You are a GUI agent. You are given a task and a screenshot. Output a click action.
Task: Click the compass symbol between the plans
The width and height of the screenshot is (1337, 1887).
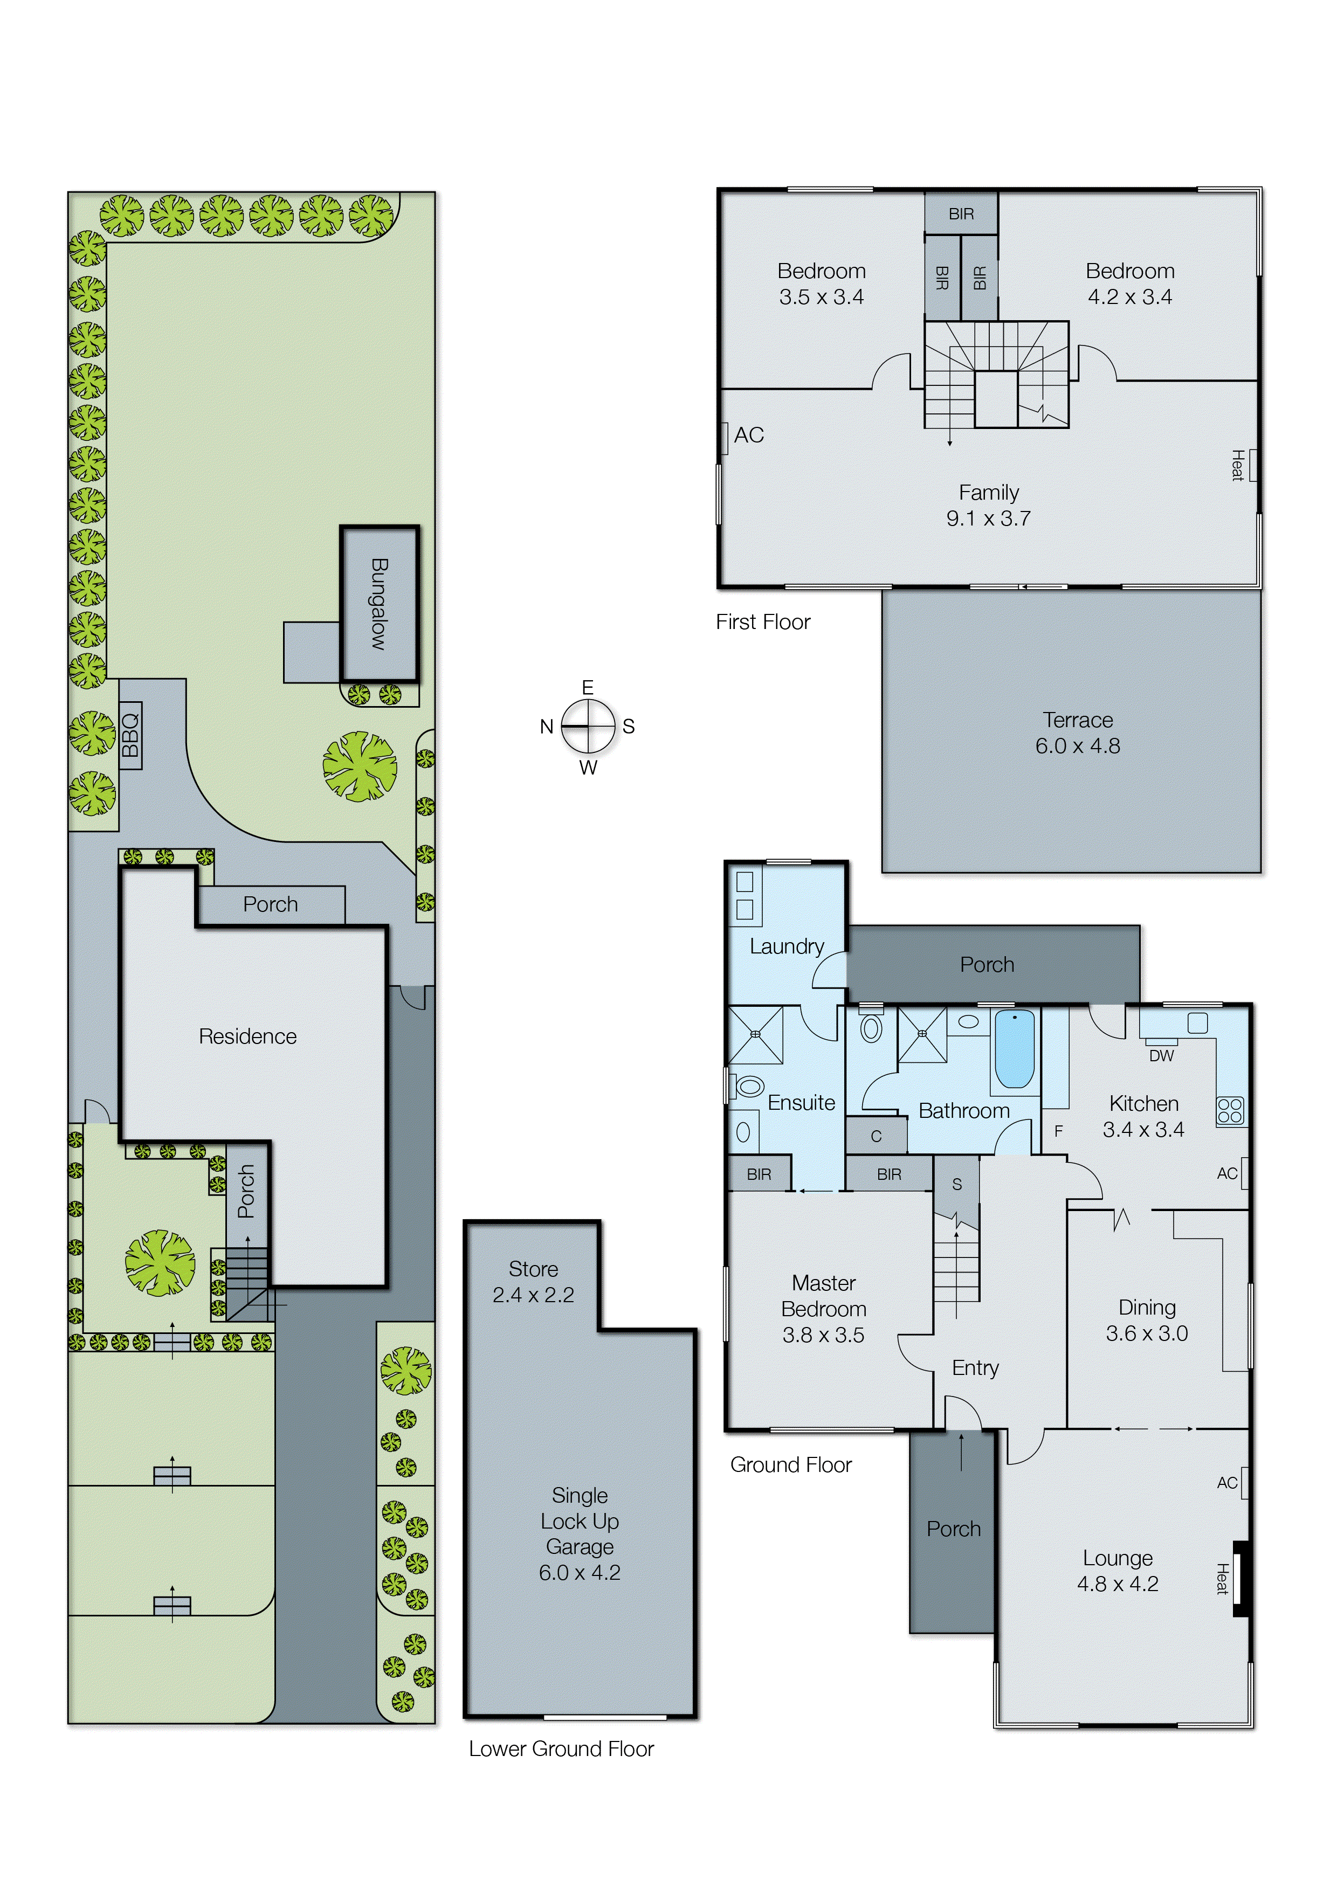click(x=588, y=727)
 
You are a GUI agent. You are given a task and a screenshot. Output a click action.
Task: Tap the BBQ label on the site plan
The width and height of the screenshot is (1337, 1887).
click(x=130, y=735)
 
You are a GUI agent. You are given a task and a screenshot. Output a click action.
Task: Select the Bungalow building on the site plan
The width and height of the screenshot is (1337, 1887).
click(x=380, y=605)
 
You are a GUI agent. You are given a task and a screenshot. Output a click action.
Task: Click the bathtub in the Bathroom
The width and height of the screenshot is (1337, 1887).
click(x=1014, y=1050)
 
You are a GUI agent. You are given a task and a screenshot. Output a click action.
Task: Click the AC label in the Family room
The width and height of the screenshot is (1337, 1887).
click(x=748, y=436)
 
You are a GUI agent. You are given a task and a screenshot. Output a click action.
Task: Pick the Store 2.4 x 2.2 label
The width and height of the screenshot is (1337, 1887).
click(x=533, y=1281)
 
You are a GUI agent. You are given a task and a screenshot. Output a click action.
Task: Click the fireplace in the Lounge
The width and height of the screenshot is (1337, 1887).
click(x=1240, y=1578)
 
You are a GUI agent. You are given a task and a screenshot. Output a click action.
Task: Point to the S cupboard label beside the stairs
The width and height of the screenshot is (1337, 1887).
click(x=956, y=1184)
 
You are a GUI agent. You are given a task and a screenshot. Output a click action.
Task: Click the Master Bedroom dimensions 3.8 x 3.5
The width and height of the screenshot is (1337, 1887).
click(x=823, y=1335)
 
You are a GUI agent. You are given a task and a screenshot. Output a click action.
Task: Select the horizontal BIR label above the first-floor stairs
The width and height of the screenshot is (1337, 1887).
click(x=961, y=214)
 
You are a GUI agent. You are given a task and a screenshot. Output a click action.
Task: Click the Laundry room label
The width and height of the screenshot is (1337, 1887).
click(x=786, y=946)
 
